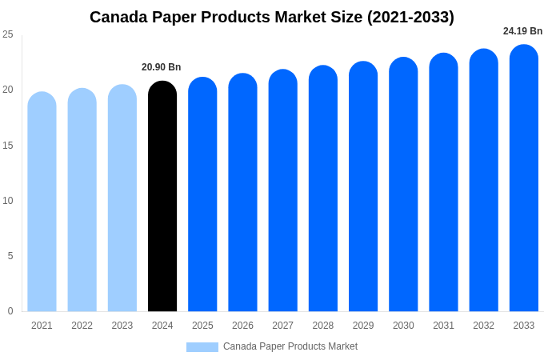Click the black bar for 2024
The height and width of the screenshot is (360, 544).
[162, 196]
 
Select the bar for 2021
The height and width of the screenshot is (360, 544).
[42, 202]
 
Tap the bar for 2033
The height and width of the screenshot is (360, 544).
[524, 178]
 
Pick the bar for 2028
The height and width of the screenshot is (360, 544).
[323, 188]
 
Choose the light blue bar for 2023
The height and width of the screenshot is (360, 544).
[122, 198]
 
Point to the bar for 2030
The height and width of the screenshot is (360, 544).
[403, 184]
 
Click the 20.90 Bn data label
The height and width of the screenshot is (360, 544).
[162, 67]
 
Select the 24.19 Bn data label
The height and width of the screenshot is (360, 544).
[522, 31]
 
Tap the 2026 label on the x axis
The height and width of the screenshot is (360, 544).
[242, 326]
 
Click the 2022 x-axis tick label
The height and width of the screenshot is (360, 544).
[82, 326]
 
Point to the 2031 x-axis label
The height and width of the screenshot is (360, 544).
[443, 326]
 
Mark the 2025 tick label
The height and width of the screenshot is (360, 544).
[202, 326]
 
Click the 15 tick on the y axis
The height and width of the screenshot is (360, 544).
[8, 145]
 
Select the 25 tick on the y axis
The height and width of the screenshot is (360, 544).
[8, 34]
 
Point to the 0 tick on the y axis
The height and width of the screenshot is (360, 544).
[10, 311]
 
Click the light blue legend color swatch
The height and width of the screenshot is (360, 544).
[202, 346]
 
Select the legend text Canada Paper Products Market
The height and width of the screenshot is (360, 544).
[290, 346]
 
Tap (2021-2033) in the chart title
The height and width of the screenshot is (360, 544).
[410, 17]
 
